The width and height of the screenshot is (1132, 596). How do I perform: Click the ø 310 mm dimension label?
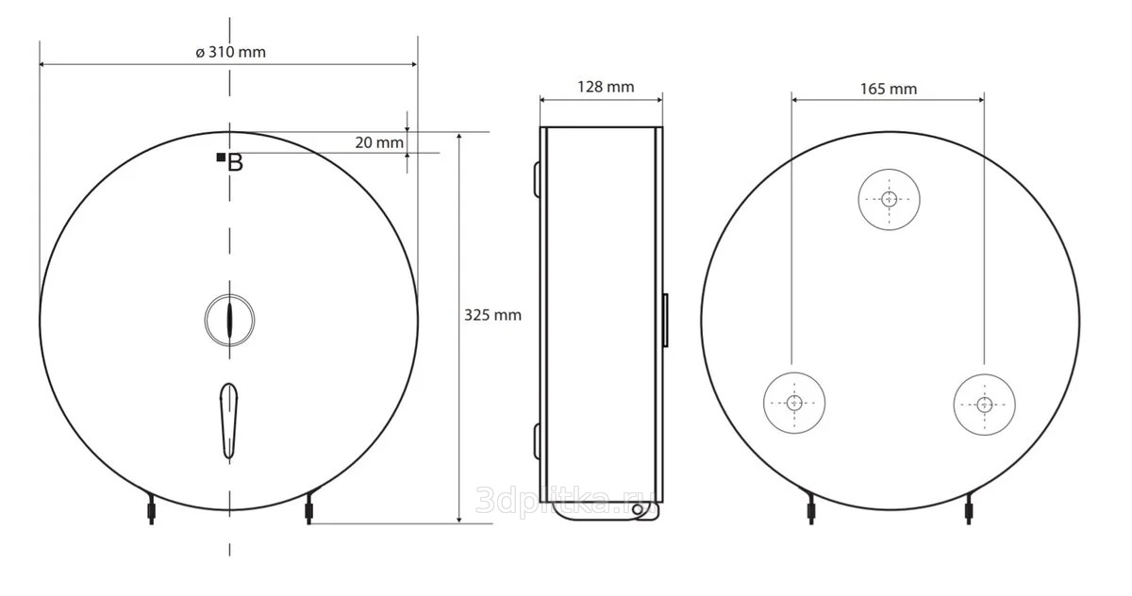(x=230, y=52)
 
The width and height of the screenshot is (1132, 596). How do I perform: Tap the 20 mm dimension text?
(x=379, y=142)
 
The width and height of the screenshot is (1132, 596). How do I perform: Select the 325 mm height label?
(x=492, y=315)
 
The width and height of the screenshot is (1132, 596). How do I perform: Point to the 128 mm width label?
(x=606, y=87)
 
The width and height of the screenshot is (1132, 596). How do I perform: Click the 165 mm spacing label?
(x=889, y=89)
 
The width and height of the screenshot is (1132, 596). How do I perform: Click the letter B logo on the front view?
(x=235, y=163)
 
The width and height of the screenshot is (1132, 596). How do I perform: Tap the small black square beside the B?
(x=221, y=157)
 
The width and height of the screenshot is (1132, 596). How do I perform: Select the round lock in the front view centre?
(x=229, y=320)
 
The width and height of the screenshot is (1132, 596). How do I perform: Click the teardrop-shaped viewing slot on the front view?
(x=229, y=421)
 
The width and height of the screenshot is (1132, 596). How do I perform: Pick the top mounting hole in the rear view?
(x=889, y=200)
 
